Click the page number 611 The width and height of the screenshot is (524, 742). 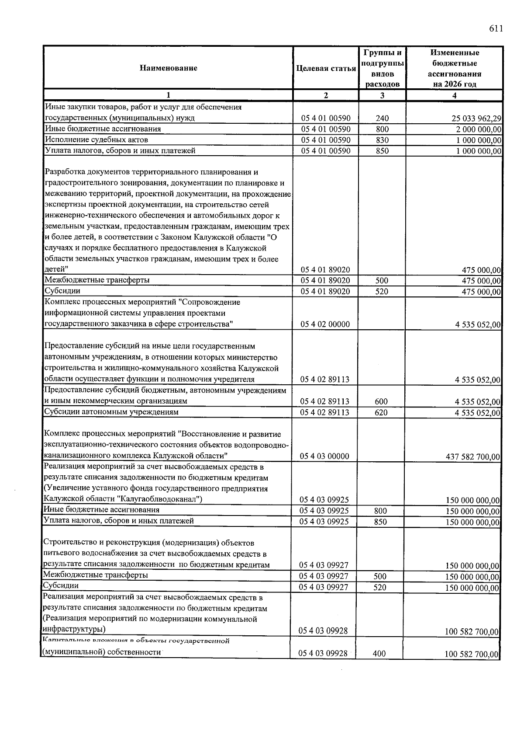click(496, 29)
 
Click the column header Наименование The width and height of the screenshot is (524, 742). click(168, 68)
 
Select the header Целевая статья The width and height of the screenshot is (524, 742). click(326, 68)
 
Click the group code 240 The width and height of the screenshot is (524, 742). click(382, 118)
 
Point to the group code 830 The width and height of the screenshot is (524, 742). click(382, 140)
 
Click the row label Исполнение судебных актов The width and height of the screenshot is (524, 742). click(97, 140)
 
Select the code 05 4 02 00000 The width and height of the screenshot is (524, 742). click(325, 324)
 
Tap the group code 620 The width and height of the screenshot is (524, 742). click(381, 412)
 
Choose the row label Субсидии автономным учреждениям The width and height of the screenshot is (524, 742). click(111, 412)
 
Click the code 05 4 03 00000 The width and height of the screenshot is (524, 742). click(324, 456)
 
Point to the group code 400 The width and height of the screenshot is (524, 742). click(379, 654)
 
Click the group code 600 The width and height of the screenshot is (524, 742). click(381, 401)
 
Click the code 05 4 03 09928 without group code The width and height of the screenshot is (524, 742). click(323, 631)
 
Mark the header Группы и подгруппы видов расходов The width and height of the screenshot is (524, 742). click(382, 68)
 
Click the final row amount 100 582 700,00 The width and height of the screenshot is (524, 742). click(472, 655)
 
